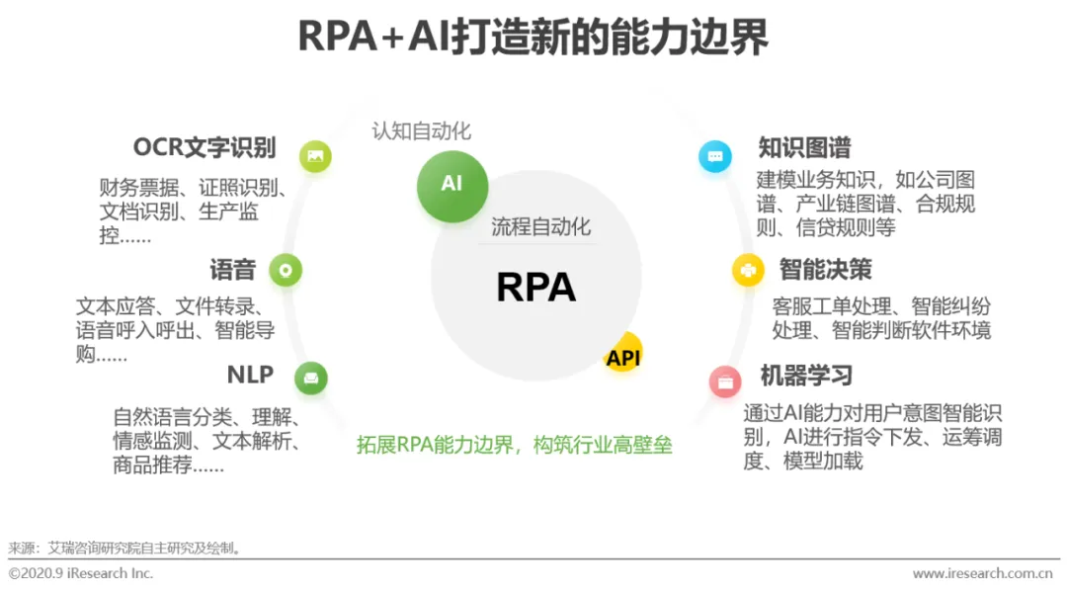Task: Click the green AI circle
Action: point(451,184)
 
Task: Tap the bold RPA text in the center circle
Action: point(535,287)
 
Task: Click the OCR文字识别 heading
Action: point(205,148)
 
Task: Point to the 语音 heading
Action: point(233,269)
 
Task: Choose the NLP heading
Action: point(250,375)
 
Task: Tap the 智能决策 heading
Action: point(825,269)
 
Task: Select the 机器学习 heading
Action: point(806,376)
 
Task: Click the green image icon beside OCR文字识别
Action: point(315,156)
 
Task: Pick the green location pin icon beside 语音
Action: point(286,270)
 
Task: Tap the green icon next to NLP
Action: point(311,378)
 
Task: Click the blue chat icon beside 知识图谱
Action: point(715,156)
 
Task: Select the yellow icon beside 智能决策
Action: point(749,270)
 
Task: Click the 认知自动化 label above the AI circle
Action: point(422,130)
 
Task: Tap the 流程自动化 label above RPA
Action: point(541,226)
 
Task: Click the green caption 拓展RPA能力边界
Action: point(514,445)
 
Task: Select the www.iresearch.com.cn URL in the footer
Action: point(982,573)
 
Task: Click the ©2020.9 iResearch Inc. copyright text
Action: point(81,573)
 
